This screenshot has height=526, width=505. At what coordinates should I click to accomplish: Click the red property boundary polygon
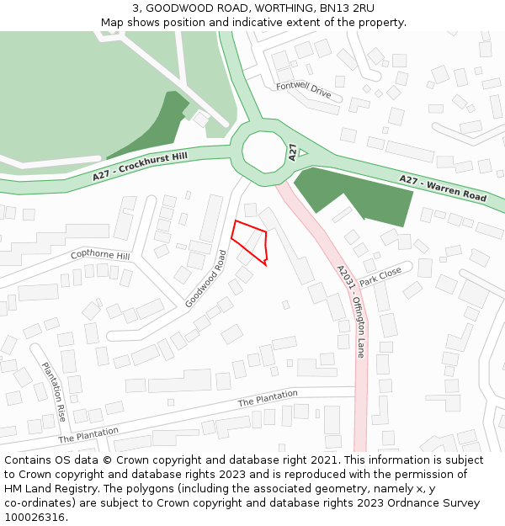250,240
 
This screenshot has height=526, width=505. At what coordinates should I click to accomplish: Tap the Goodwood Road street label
206,278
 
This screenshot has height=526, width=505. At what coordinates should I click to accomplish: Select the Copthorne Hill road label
100,255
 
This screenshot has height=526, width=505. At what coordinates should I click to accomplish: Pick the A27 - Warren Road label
443,188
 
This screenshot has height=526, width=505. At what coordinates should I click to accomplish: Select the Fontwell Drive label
303,88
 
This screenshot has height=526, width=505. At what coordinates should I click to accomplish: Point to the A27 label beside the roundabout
292,152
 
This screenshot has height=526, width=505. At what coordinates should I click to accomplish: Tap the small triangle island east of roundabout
303,152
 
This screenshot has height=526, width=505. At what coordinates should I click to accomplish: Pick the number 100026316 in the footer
35,517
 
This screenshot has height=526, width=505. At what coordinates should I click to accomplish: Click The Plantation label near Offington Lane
268,398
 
